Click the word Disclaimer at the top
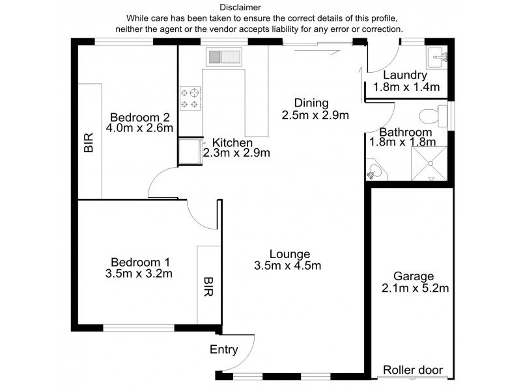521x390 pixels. pyautogui.click(x=240, y=7)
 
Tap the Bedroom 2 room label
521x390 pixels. pyautogui.click(x=140, y=117)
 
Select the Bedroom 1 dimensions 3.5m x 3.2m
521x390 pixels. pyautogui.click(x=139, y=274)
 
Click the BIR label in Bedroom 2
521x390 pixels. pyautogui.click(x=89, y=142)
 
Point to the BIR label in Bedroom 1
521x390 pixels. pyautogui.click(x=208, y=287)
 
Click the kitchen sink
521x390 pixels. pyautogui.click(x=224, y=57)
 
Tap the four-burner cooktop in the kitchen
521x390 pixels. pyautogui.click(x=191, y=98)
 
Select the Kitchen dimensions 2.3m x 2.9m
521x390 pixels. pyautogui.click(x=236, y=153)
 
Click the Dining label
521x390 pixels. pyautogui.click(x=311, y=103)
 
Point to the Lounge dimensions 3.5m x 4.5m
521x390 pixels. pyautogui.click(x=288, y=265)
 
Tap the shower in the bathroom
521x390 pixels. pyautogui.click(x=429, y=164)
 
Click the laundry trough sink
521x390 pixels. pyautogui.click(x=436, y=57)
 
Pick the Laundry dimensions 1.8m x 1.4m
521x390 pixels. pyautogui.click(x=406, y=87)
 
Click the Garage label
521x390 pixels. pyautogui.click(x=414, y=276)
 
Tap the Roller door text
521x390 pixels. pyautogui.click(x=413, y=370)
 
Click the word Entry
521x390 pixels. pyautogui.click(x=224, y=350)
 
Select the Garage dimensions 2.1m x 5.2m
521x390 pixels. pyautogui.click(x=415, y=288)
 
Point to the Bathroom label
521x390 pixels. pyautogui.click(x=405, y=132)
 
